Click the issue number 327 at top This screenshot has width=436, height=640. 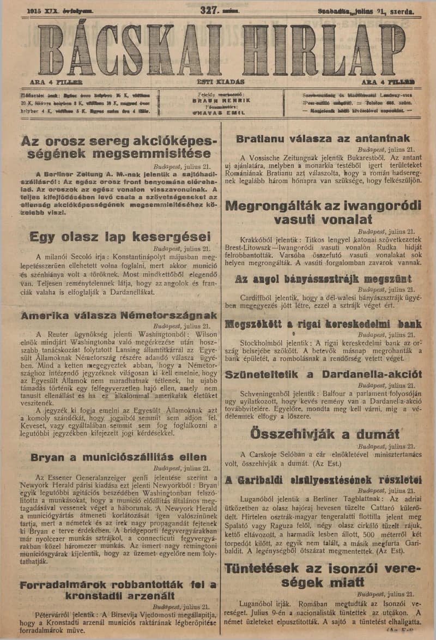point(209,9)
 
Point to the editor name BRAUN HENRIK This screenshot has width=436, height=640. point(221,100)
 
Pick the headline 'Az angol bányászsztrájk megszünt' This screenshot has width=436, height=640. point(325,279)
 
